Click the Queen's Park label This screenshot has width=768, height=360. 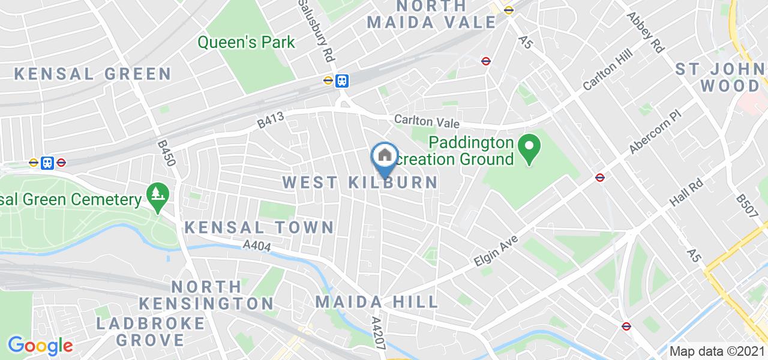click(247, 42)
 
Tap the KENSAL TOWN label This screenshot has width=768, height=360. click(259, 227)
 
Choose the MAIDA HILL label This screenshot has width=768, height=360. click(377, 301)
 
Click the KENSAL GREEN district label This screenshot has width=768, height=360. click(92, 74)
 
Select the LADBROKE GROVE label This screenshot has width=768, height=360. click(151, 331)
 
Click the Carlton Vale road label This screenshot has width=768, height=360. click(427, 122)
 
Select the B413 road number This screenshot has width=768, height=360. click(271, 122)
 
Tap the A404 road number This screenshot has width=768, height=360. click(257, 246)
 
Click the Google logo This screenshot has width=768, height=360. click(40, 346)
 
